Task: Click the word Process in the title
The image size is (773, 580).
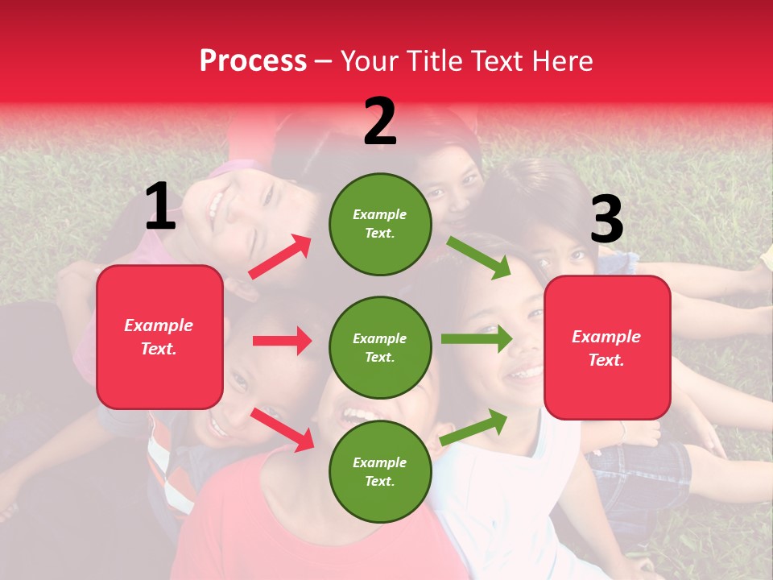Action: coord(253,61)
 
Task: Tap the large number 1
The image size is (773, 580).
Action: coord(160,206)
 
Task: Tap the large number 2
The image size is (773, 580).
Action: coord(380,121)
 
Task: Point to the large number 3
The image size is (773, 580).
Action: coord(606,219)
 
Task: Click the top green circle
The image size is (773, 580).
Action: coord(380,224)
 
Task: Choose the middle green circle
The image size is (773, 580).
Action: coord(380,347)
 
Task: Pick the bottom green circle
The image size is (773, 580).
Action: coord(380,471)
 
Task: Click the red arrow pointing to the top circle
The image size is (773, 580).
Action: coord(279,257)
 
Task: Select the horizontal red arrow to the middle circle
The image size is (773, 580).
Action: coord(282,341)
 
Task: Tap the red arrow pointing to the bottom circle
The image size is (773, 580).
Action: coord(283,429)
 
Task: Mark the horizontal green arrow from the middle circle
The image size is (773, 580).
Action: coord(476,338)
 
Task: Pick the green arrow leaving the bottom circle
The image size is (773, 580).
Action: coord(474,427)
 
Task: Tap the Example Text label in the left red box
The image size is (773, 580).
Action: coord(159,337)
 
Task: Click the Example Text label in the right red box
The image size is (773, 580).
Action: coord(607,348)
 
